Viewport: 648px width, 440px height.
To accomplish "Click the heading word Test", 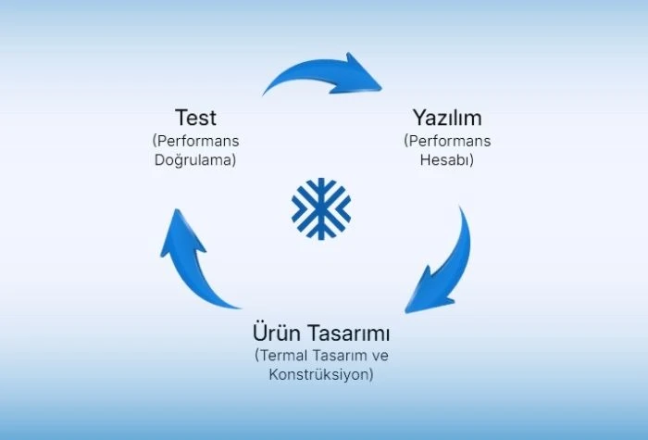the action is [195, 118].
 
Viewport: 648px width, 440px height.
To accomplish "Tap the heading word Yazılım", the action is [447, 118].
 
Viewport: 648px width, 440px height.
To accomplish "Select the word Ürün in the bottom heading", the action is [277, 332].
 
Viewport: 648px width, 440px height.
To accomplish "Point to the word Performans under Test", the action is [197, 141].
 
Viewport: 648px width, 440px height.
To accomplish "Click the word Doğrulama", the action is [194, 159].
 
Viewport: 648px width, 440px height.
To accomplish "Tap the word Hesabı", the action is [445, 159].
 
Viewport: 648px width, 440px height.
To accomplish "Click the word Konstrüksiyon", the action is [319, 374].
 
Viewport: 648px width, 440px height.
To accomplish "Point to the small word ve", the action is [380, 356].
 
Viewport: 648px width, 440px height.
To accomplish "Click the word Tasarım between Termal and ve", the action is [340, 355].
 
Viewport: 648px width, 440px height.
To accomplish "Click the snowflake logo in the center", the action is [321, 208].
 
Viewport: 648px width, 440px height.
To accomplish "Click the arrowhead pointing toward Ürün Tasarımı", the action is [426, 294].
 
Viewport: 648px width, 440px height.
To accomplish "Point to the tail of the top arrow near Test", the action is [266, 93].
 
